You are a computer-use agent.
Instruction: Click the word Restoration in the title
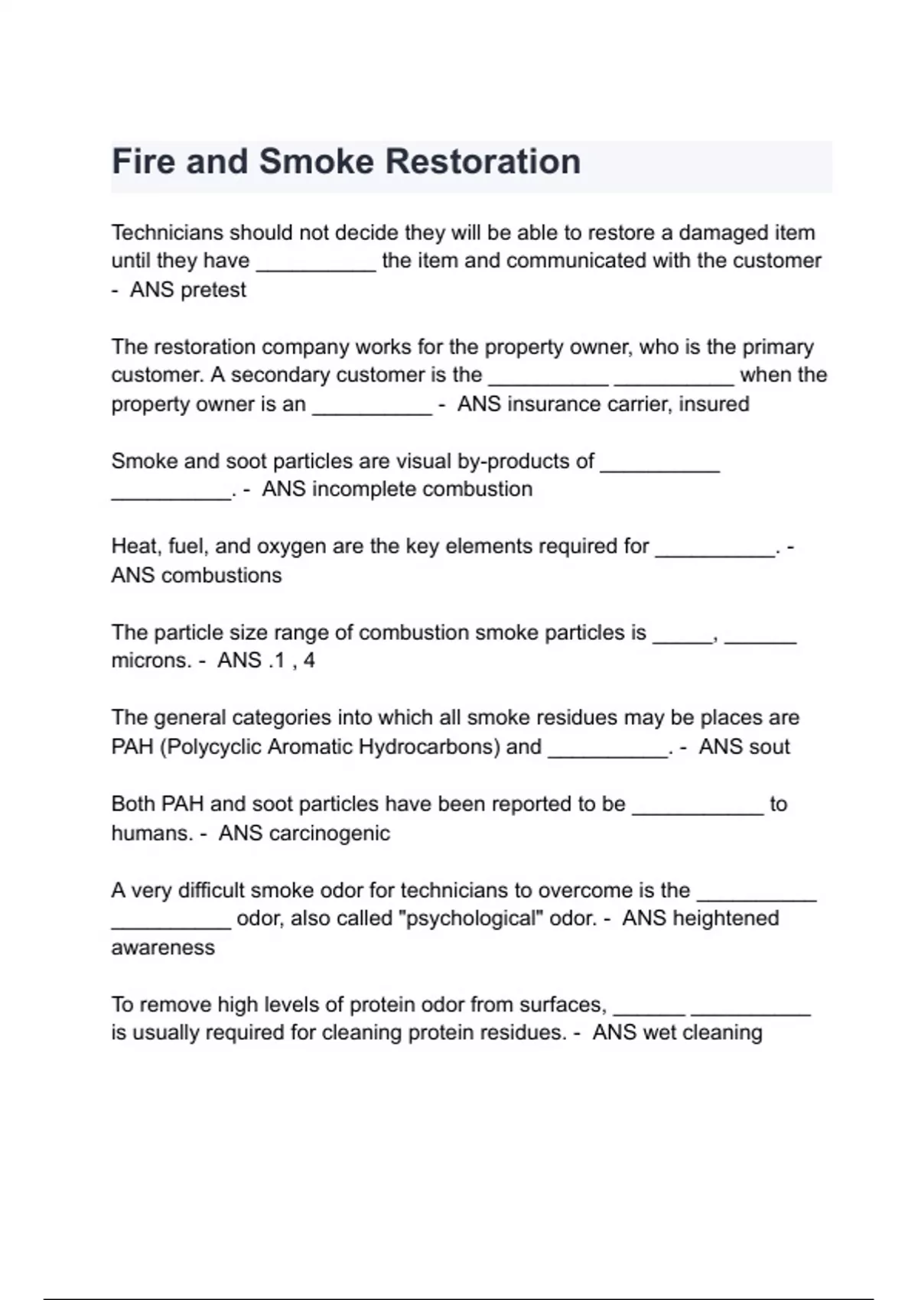click(x=483, y=162)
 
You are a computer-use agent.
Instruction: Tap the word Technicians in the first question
click(x=168, y=232)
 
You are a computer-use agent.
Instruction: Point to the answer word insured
click(x=714, y=404)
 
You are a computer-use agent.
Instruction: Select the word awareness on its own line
click(x=163, y=947)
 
